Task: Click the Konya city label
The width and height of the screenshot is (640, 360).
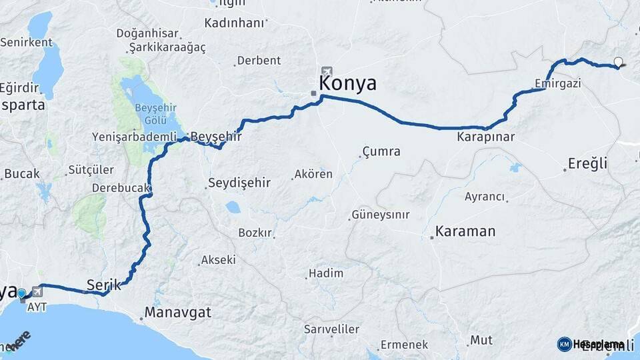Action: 347,83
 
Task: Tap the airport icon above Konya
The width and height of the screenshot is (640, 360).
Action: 326,71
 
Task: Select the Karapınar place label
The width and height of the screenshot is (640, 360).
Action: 486,137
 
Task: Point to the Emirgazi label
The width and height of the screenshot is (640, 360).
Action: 558,83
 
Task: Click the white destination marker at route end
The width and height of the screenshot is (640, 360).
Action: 619,63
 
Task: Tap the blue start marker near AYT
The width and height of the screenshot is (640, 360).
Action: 22,293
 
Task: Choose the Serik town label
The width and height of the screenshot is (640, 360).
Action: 104,285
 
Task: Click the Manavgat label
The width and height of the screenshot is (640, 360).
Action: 178,312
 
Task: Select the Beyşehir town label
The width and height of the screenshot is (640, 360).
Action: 215,136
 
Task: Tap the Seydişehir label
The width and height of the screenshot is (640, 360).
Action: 239,182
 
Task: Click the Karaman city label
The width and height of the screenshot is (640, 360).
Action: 465,231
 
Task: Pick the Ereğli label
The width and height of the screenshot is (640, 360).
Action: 587,163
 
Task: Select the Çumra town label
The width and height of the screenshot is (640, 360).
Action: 381,151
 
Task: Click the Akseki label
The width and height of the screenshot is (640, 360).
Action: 218,259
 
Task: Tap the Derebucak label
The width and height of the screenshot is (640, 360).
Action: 120,188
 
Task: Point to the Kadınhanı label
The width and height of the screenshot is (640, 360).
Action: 235,22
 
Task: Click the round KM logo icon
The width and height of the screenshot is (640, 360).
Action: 564,344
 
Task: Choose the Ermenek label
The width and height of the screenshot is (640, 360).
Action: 405,345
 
